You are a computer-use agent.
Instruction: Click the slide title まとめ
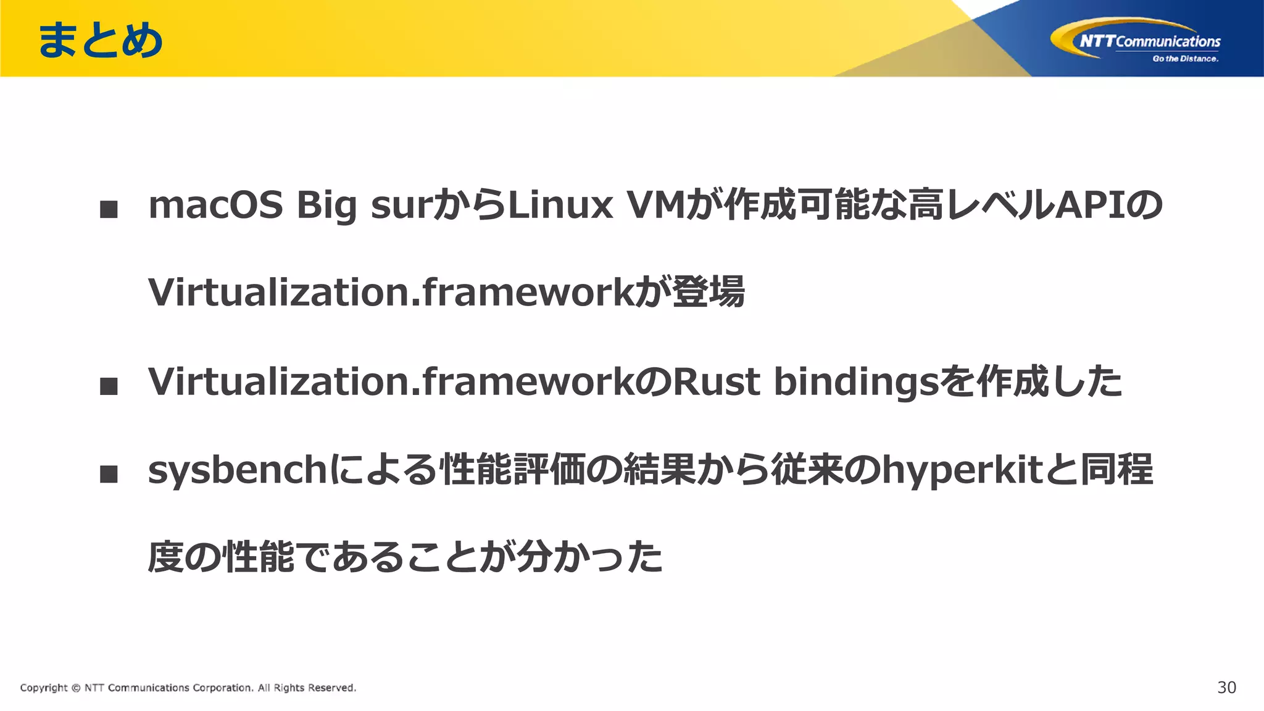[100, 41]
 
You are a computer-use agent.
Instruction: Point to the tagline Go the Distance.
[1185, 59]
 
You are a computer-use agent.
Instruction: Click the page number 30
[1226, 688]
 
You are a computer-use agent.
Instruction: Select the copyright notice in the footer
[188, 688]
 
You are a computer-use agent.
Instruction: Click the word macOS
[215, 205]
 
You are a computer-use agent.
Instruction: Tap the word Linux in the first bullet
[559, 205]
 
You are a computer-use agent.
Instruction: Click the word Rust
[716, 381]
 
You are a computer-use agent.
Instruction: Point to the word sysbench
[237, 470]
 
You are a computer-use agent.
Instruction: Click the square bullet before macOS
[109, 209]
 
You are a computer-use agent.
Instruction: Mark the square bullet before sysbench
[109, 474]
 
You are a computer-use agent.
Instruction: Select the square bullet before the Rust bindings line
[109, 386]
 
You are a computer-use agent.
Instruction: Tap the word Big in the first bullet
[326, 206]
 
